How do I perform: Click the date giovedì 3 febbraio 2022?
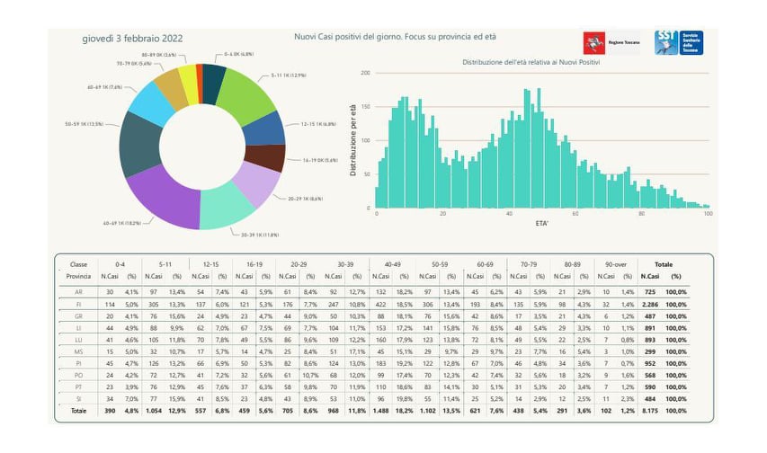click(132, 38)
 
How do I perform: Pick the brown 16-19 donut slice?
click(264, 158)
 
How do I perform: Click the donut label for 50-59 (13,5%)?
click(83, 123)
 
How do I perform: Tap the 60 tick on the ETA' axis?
click(575, 214)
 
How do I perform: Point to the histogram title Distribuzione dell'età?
click(531, 62)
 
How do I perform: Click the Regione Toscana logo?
click(611, 42)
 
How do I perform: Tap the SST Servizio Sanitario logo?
click(680, 42)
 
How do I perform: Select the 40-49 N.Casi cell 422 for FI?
click(380, 305)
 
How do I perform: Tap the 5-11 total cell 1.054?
click(156, 411)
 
